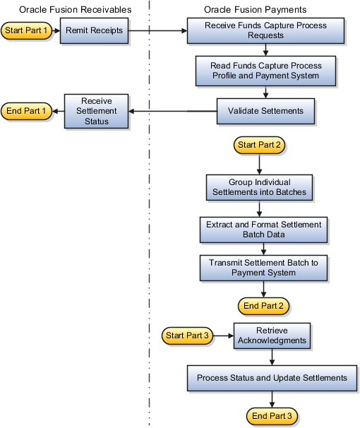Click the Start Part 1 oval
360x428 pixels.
(x=28, y=31)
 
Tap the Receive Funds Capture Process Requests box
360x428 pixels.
(x=265, y=31)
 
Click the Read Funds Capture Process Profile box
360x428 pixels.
(x=265, y=71)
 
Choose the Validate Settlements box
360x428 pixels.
(x=265, y=110)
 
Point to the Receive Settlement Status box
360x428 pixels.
(x=97, y=111)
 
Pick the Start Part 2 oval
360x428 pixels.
(x=260, y=145)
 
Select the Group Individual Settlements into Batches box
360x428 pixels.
(x=259, y=187)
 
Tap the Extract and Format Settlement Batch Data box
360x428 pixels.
(x=263, y=229)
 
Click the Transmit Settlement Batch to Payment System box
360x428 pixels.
(x=263, y=267)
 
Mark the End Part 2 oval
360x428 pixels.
(x=263, y=305)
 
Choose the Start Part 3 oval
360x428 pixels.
(x=186, y=335)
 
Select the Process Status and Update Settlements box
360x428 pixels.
(x=272, y=378)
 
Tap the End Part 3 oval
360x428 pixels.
(x=272, y=415)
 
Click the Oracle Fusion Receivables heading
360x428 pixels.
(x=76, y=9)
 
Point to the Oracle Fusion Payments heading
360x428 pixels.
(x=255, y=9)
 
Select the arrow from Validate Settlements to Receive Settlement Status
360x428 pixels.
(x=173, y=111)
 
